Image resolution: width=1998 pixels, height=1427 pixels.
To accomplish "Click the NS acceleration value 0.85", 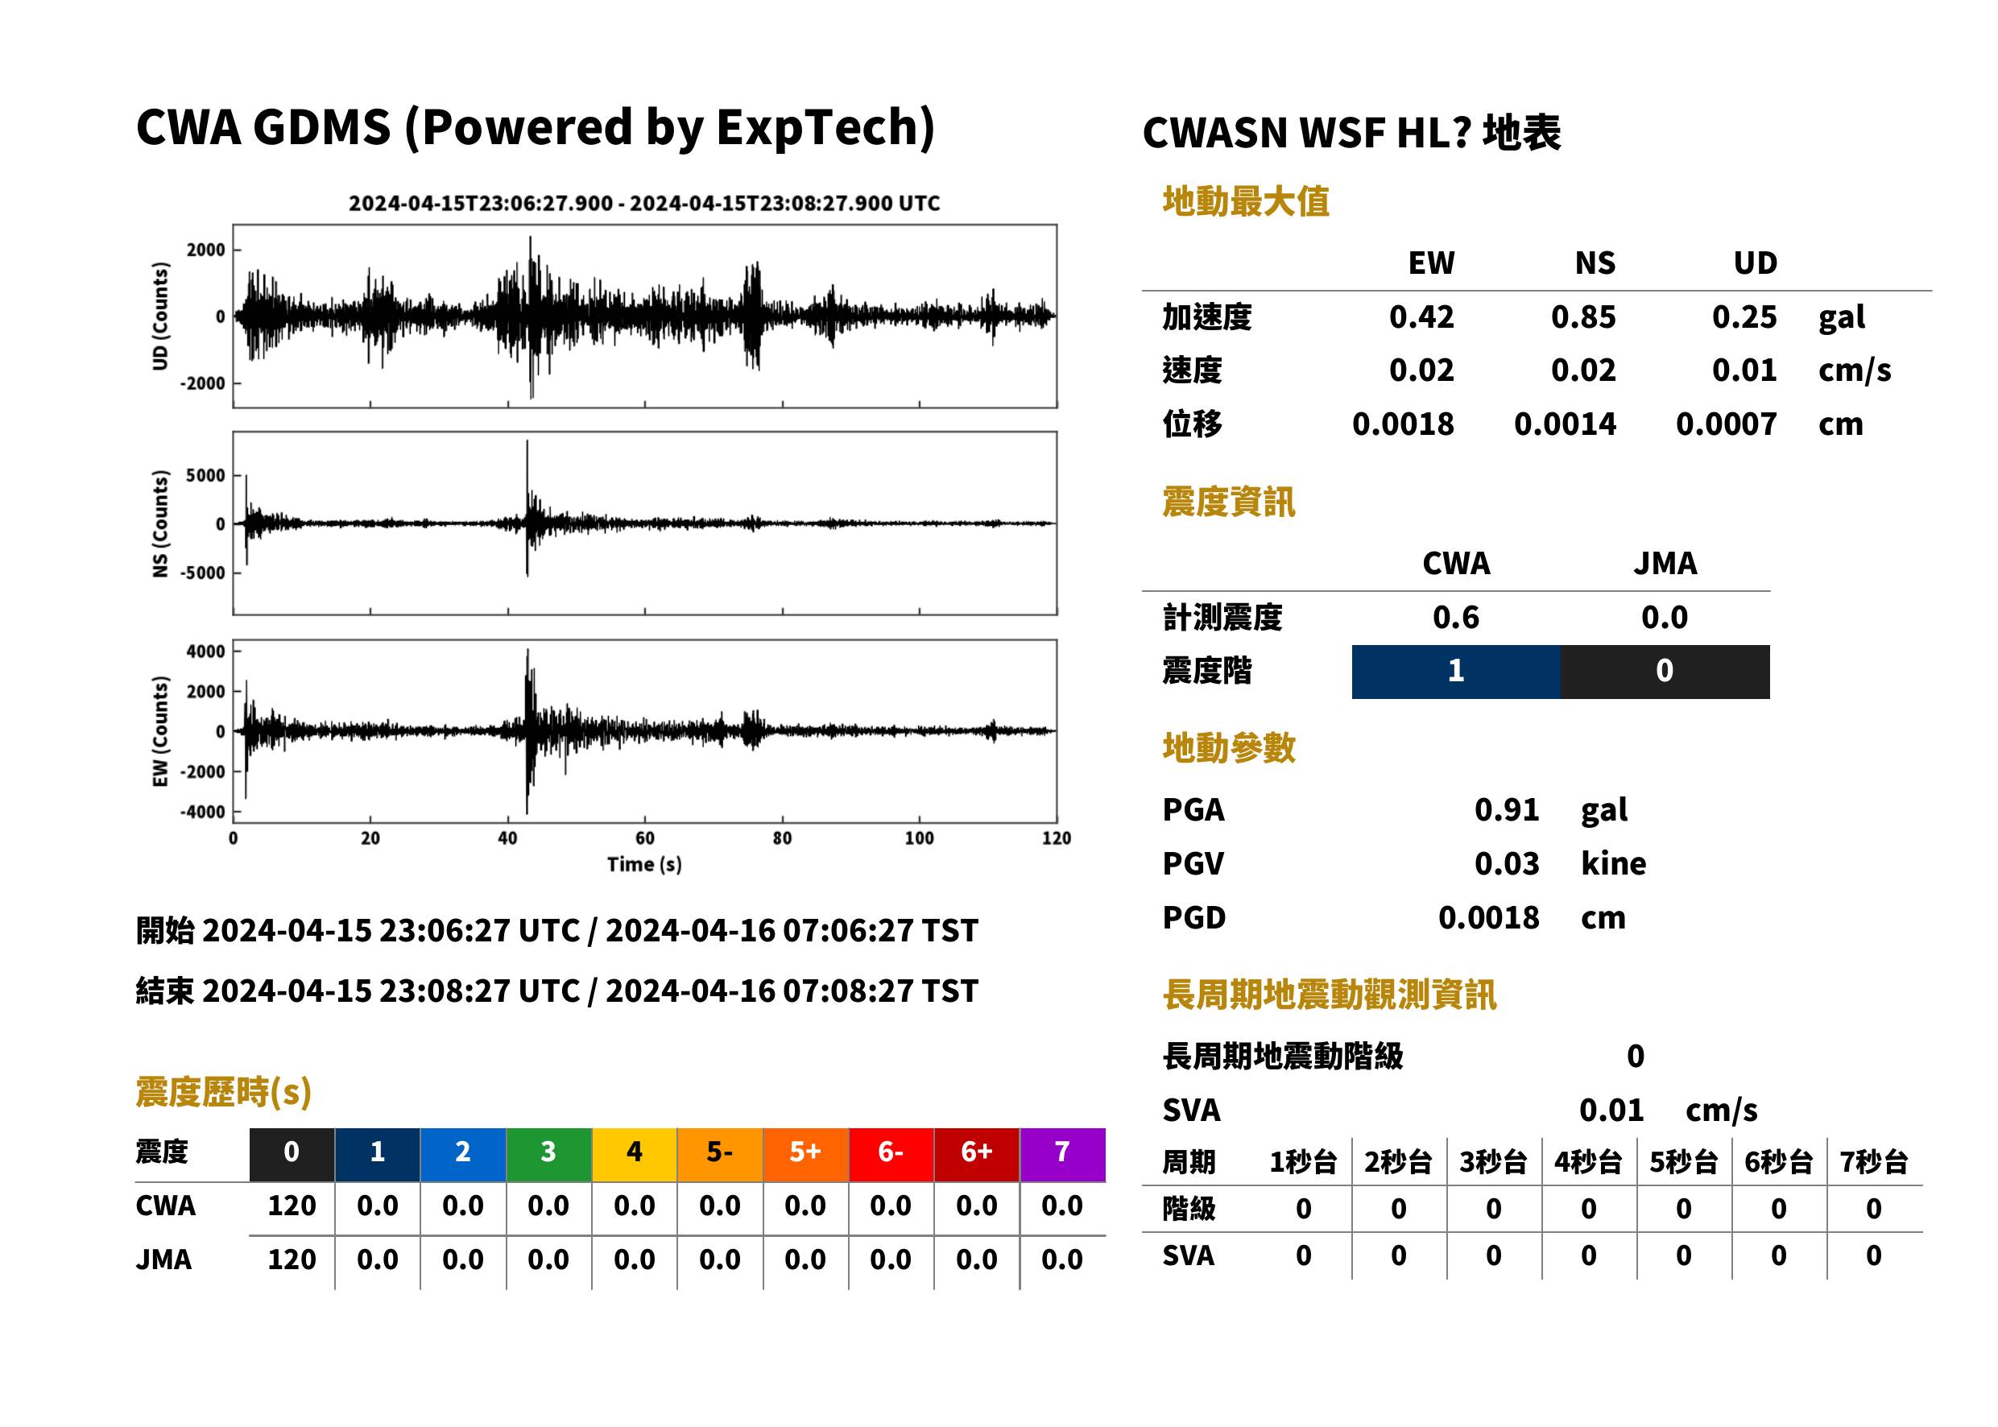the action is click(1582, 317).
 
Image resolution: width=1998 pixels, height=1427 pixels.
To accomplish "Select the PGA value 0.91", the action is click(1506, 810).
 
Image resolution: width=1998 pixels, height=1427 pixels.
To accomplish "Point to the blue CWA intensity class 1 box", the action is click(1456, 672).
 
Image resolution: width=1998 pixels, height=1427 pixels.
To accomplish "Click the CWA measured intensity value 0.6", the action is click(1456, 618).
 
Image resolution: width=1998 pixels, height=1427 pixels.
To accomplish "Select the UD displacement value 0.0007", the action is click(1726, 424).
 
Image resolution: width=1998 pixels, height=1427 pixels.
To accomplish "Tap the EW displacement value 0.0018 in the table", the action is click(1403, 424).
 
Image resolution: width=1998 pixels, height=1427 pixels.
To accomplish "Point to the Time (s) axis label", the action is click(644, 865).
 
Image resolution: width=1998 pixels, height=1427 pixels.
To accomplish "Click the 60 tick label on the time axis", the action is click(644, 838).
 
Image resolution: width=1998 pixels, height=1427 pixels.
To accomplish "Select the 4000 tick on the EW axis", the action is click(205, 651).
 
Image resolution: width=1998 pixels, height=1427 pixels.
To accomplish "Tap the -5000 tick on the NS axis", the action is click(203, 573).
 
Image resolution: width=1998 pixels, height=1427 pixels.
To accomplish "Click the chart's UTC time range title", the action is click(644, 204).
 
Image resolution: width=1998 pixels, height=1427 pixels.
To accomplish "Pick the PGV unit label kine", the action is click(1613, 864).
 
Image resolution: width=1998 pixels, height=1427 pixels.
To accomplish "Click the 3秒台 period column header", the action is click(1493, 1163).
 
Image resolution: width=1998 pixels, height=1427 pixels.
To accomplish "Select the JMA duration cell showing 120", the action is click(292, 1260).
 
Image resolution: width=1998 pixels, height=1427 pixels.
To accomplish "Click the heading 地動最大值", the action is click(1246, 201).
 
